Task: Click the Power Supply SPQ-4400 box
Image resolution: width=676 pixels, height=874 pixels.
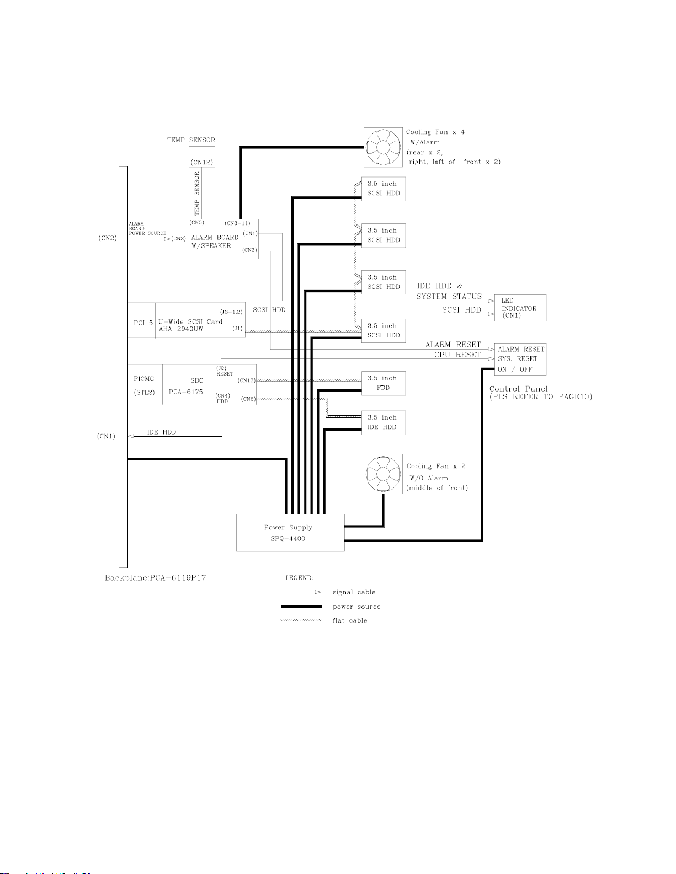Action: [x=290, y=533]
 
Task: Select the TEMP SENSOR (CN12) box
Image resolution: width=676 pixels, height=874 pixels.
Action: [x=201, y=157]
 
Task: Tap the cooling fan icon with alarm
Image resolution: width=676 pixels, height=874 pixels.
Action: [x=383, y=147]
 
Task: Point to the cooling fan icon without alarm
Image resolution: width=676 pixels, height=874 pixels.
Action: [x=383, y=474]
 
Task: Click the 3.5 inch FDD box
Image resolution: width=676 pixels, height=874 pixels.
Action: [x=383, y=383]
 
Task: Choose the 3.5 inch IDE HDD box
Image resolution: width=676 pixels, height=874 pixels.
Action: [x=383, y=422]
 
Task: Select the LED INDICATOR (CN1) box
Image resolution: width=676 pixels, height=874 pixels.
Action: [x=520, y=308]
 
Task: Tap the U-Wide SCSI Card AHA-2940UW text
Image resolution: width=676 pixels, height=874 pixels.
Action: [x=190, y=325]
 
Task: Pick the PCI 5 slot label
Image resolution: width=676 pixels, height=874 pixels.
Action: [x=143, y=323]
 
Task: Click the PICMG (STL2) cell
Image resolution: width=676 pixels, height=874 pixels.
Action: [x=145, y=385]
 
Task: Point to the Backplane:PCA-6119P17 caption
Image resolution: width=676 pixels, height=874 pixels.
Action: [x=156, y=578]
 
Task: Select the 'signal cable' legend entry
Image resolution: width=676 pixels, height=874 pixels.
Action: [x=354, y=592]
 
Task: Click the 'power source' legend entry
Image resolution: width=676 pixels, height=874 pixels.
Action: [x=356, y=607]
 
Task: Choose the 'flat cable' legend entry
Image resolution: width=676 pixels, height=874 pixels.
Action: [x=350, y=620]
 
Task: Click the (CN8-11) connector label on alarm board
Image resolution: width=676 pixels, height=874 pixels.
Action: [x=238, y=223]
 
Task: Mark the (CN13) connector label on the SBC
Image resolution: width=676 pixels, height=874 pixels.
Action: [x=247, y=380]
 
